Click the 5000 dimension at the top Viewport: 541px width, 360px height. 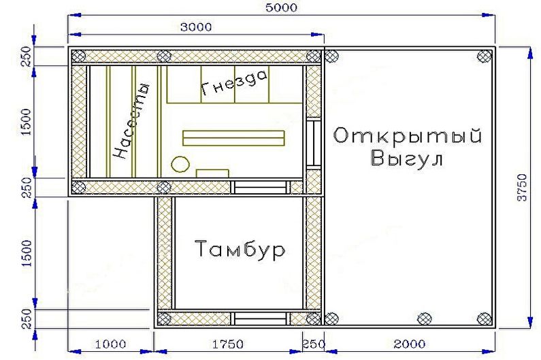[x=281, y=7]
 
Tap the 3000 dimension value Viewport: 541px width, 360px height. [x=196, y=27]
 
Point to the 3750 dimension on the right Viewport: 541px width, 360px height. [x=523, y=188]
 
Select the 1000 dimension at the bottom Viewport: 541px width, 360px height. [x=110, y=344]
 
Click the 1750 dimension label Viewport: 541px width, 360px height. [x=228, y=344]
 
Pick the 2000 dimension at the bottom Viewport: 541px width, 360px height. [x=410, y=344]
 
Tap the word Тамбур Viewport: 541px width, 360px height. [x=240, y=249]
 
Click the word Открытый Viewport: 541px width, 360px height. [x=407, y=135]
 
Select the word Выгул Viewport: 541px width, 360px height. [x=407, y=159]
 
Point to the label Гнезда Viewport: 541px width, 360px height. [x=233, y=82]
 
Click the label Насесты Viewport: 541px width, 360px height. [x=131, y=121]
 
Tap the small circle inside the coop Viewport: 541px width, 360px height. [x=180, y=165]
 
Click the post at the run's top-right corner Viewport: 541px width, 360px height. [x=485, y=56]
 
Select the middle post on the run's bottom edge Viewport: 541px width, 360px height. [x=425, y=318]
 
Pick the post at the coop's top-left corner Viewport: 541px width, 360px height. [x=79, y=56]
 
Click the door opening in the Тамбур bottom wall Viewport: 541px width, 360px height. [x=261, y=318]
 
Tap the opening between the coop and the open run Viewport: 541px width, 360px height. [x=314, y=143]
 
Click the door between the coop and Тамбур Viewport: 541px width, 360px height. [x=261, y=187]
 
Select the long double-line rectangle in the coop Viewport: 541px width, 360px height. [x=233, y=138]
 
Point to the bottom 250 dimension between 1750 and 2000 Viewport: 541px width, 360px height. [x=314, y=344]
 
